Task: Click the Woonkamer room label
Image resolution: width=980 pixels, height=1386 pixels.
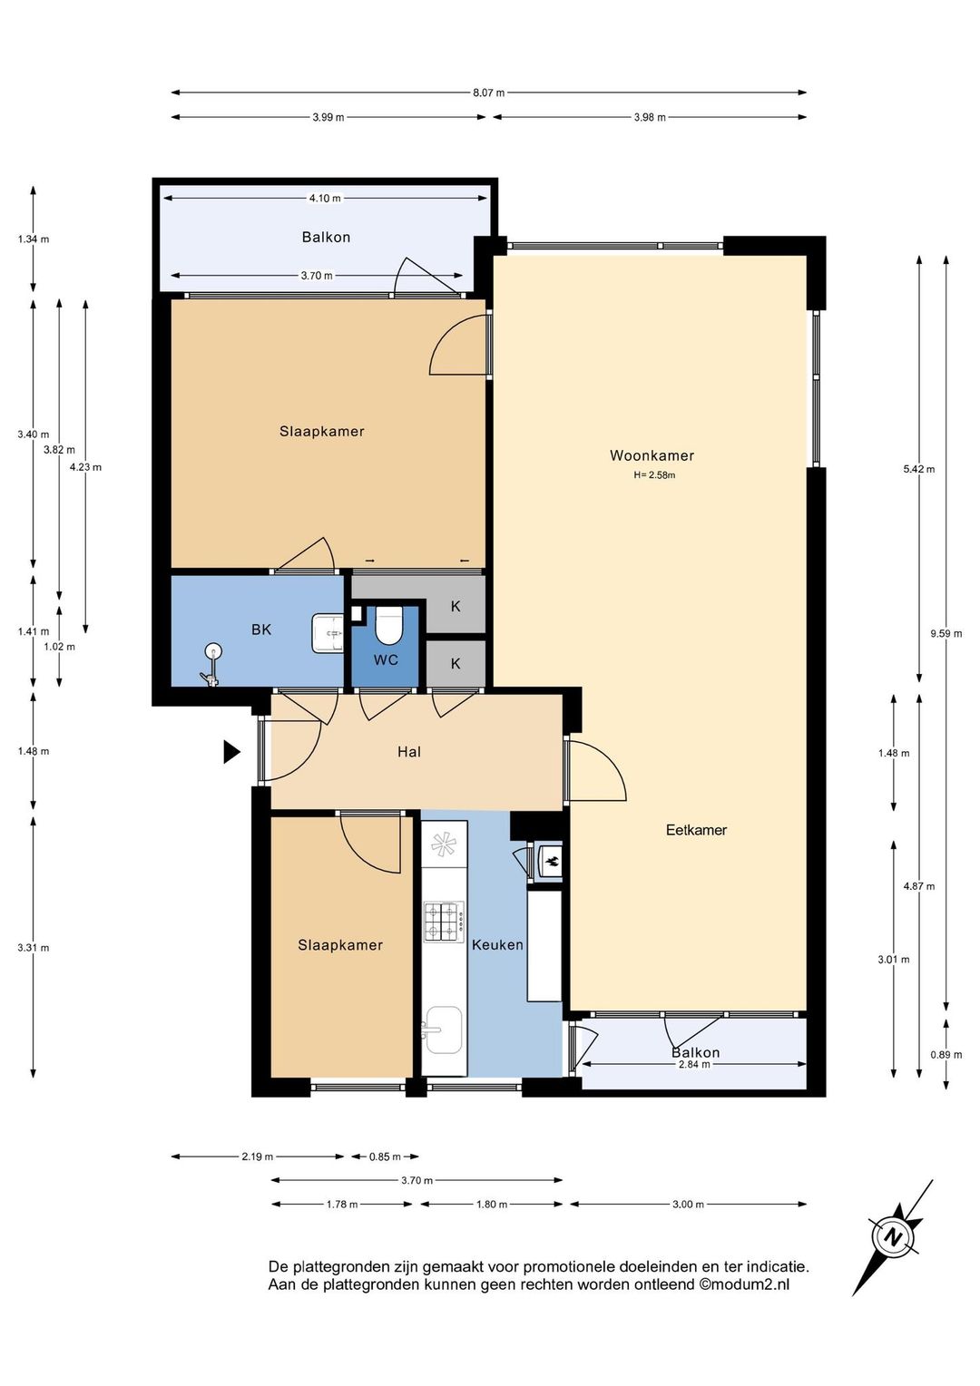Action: (x=652, y=455)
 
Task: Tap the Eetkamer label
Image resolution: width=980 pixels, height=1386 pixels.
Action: (x=696, y=830)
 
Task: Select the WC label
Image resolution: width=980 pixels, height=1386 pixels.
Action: (x=386, y=660)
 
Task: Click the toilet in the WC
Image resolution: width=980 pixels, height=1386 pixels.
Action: (x=388, y=625)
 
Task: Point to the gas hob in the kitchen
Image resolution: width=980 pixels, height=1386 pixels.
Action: (x=444, y=922)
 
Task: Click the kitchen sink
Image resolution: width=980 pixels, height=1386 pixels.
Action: (x=441, y=1030)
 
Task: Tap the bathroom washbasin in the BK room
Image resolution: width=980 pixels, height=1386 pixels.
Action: (x=328, y=633)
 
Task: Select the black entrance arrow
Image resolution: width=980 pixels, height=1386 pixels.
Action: (x=231, y=752)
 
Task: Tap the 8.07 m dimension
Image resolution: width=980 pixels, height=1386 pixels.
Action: (x=489, y=93)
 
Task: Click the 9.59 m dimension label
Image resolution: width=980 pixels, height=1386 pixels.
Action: (x=946, y=634)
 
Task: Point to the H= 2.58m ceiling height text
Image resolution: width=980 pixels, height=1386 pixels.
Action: (x=654, y=475)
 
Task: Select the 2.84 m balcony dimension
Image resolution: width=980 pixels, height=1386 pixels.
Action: (x=694, y=1064)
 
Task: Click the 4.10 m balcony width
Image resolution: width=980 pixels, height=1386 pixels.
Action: (x=325, y=198)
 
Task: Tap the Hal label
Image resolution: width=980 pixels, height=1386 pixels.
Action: (x=409, y=752)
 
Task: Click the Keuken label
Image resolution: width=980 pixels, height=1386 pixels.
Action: (x=497, y=945)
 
